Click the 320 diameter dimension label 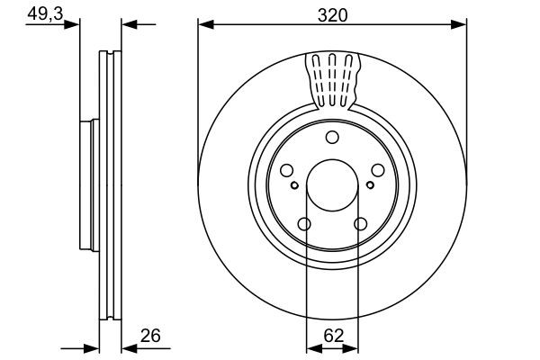[332, 14]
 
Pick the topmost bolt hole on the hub [332, 137]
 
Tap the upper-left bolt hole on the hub [287, 170]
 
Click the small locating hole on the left [293, 185]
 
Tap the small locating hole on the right [371, 185]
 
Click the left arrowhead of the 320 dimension [203, 24]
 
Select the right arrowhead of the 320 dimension [461, 24]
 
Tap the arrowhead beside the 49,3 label [74, 24]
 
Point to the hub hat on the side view [86, 184]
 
